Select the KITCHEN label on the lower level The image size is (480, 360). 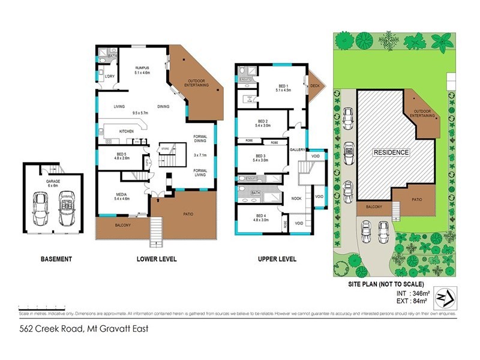point(126,131)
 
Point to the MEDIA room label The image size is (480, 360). point(122,196)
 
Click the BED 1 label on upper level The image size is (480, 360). point(283,88)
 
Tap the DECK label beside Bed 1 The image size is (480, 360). point(314,85)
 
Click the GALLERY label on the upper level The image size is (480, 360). point(298,149)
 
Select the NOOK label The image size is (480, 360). point(296,197)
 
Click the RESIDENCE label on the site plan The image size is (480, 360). point(392,152)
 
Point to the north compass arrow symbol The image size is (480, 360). point(445,297)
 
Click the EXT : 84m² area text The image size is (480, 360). point(412,301)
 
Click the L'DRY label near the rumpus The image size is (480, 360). point(110,77)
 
